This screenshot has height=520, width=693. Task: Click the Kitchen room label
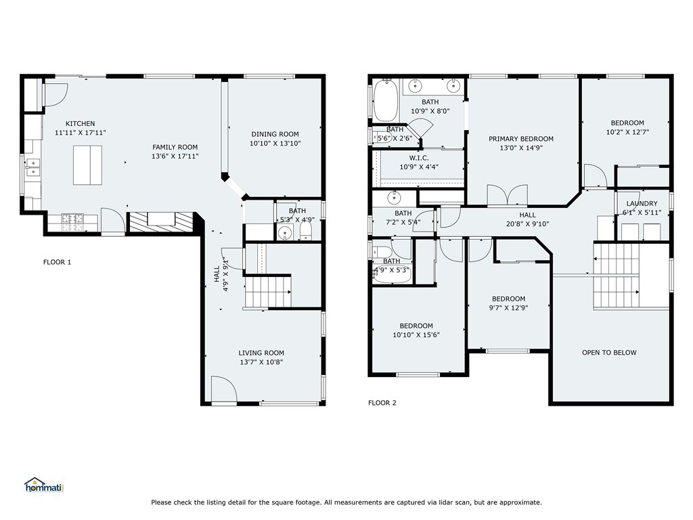pos(80,124)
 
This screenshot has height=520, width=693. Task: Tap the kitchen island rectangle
pos(87,165)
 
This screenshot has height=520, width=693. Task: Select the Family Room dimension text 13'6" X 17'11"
pos(175,156)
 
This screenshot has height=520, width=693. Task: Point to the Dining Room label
pos(275,134)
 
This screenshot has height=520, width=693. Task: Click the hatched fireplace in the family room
pos(161,221)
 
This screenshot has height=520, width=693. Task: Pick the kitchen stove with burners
pos(72,222)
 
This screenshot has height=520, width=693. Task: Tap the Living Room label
pos(261,353)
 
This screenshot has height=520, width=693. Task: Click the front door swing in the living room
pos(224,389)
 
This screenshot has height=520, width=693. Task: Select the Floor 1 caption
pos(57,262)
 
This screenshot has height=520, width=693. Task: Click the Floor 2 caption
pos(382,403)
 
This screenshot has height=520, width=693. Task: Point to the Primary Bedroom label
pos(521,139)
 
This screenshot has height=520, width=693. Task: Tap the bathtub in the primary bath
pos(386,100)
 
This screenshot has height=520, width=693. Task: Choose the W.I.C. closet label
pos(419,158)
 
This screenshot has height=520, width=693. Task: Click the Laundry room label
pos(642,203)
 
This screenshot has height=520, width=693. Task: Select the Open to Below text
pos(609,352)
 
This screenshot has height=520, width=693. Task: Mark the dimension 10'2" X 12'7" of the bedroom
pos(627,132)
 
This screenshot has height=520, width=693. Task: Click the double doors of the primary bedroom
pos(508,196)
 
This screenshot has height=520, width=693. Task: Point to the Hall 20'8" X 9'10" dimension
pos(527,224)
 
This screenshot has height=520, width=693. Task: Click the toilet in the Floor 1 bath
pos(306,231)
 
